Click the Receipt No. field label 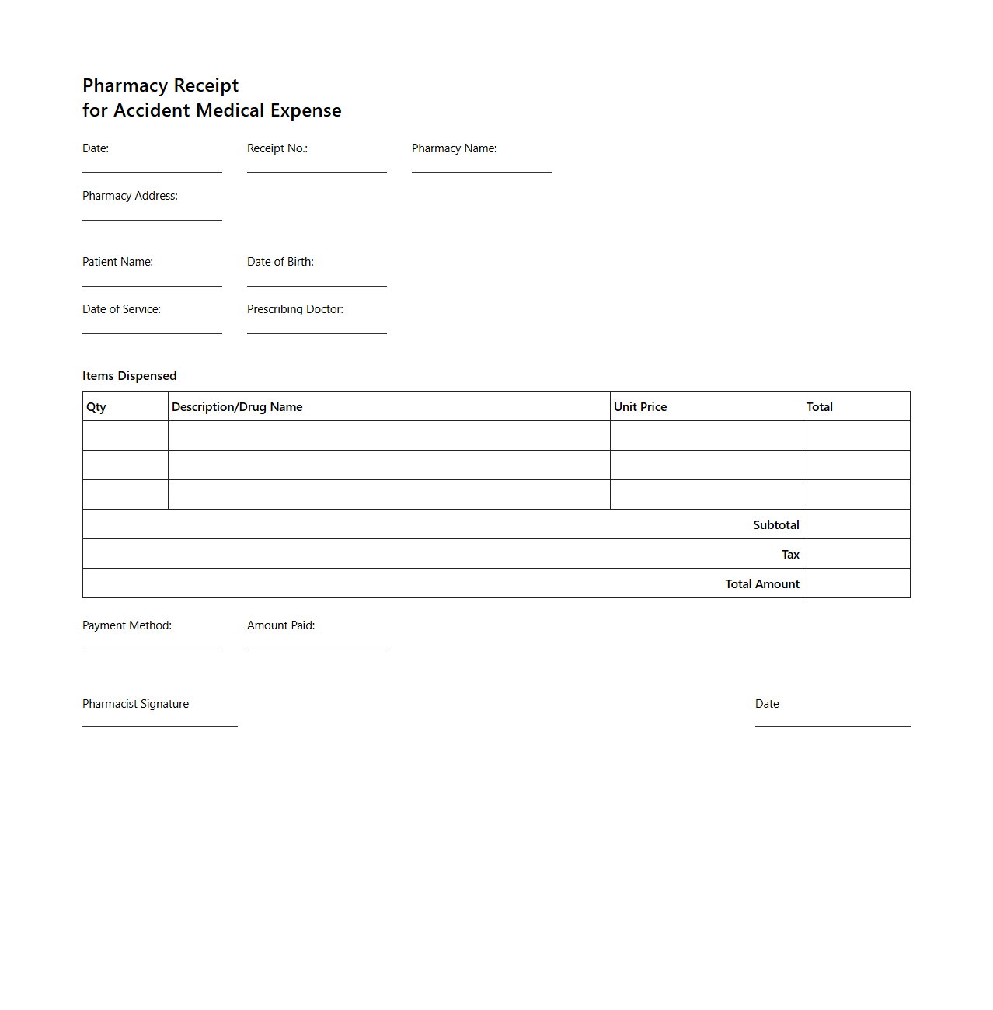(x=277, y=148)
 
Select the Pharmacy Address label (x=130, y=196)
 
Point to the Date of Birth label (x=280, y=262)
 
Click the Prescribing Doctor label (x=294, y=309)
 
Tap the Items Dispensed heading (x=129, y=376)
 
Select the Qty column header (x=96, y=407)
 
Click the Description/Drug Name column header (x=237, y=407)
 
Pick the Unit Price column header (x=640, y=407)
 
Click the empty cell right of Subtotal (x=856, y=524)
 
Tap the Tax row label (x=790, y=555)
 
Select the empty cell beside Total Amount (x=856, y=583)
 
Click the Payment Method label (x=127, y=625)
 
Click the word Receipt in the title (x=206, y=85)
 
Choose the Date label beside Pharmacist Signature (x=767, y=704)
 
